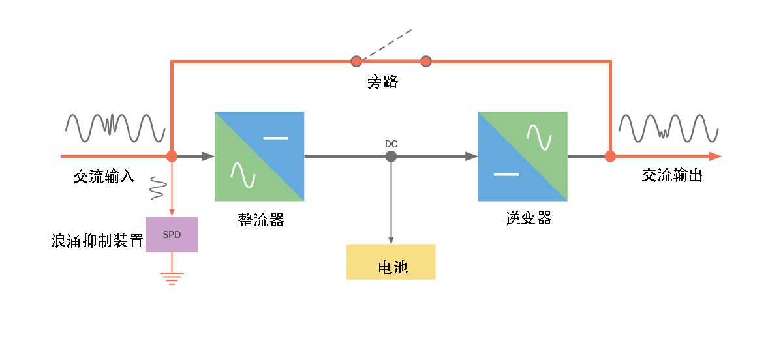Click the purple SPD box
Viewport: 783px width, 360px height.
tap(171, 235)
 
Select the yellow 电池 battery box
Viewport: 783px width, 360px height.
tap(391, 262)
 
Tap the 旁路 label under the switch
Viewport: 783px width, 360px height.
tap(382, 83)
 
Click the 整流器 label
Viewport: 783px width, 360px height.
tap(261, 220)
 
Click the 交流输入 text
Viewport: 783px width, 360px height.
tap(104, 176)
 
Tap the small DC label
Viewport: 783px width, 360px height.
tap(391, 142)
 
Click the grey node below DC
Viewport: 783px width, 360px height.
tap(391, 157)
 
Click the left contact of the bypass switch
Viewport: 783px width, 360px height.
tap(356, 62)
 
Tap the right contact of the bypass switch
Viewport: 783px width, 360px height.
tap(426, 62)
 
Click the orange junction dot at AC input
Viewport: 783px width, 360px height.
tap(172, 157)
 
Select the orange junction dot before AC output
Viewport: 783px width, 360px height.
tap(610, 157)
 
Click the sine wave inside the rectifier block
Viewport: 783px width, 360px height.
tap(242, 174)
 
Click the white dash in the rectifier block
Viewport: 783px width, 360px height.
tap(276, 138)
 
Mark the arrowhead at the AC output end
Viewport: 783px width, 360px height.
tap(714, 157)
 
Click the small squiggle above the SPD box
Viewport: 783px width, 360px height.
tap(157, 188)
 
